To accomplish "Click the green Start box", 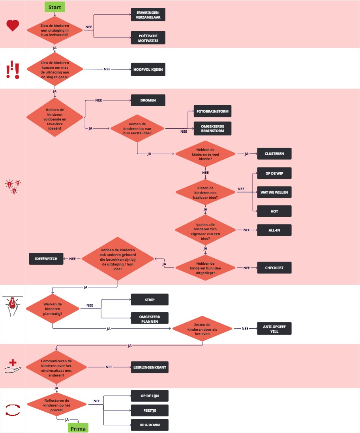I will pyautogui.click(x=54, y=7).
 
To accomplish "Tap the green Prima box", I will pyautogui.click(x=78, y=428).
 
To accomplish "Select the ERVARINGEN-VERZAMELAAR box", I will pyautogui.click(x=148, y=15).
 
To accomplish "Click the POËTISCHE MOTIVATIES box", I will pyautogui.click(x=148, y=38).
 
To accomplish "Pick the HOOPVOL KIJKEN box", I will pyautogui.click(x=148, y=69).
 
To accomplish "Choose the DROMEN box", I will pyautogui.click(x=148, y=100).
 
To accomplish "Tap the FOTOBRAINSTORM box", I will pyautogui.click(x=212, y=112).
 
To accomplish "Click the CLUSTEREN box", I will pyautogui.click(x=274, y=153).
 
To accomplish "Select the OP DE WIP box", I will pyautogui.click(x=274, y=173).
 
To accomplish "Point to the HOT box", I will pyautogui.click(x=274, y=211).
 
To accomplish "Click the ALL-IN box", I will pyautogui.click(x=274, y=230).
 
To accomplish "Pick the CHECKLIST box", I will pyautogui.click(x=274, y=268).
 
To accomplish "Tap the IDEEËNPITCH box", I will pyautogui.click(x=46, y=259).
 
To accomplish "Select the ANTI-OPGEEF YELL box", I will pyautogui.click(x=274, y=329).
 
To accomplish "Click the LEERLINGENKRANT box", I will pyautogui.click(x=150, y=367).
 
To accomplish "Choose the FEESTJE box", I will pyautogui.click(x=150, y=410).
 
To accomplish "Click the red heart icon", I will pyautogui.click(x=13, y=26).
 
